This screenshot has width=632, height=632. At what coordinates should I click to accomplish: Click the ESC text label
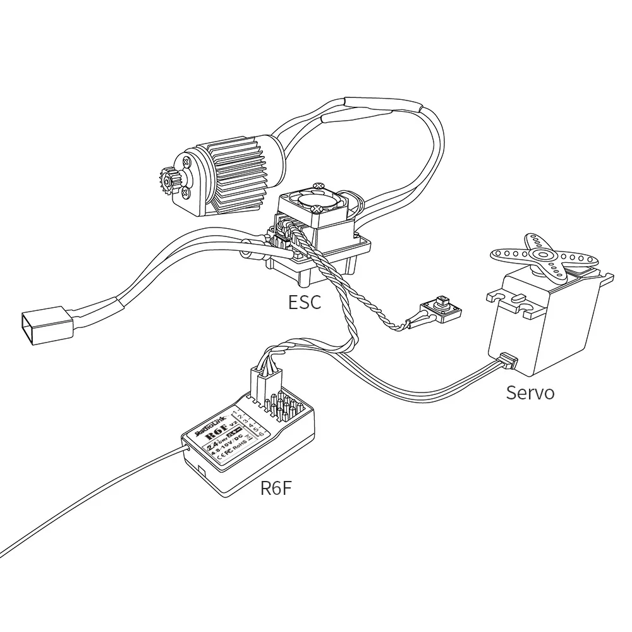tap(305, 301)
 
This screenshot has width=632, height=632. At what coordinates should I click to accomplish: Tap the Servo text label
tap(530, 392)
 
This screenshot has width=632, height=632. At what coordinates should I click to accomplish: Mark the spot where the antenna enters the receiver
tap(185, 447)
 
